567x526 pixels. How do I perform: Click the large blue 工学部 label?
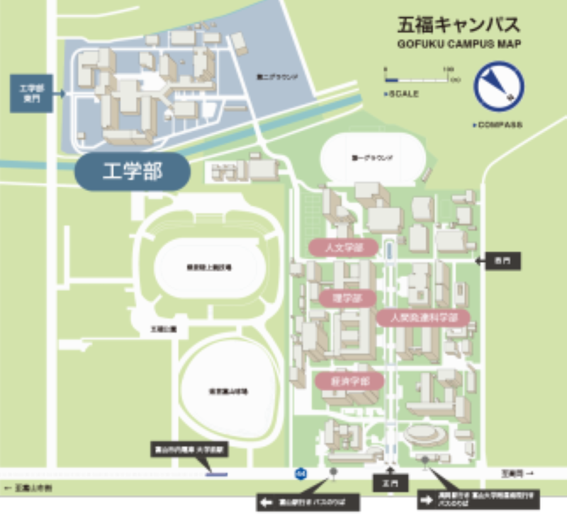[x=133, y=172]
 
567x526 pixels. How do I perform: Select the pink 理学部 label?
[x=347, y=298]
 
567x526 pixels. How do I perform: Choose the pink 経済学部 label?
[x=350, y=381]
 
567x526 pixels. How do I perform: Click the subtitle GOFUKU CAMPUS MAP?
[x=459, y=45]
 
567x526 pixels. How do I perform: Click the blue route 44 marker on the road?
[x=301, y=472]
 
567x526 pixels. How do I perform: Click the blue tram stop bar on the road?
[x=216, y=474]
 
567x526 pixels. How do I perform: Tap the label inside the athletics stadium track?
[x=209, y=268]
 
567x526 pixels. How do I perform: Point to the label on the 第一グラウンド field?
[x=371, y=158]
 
